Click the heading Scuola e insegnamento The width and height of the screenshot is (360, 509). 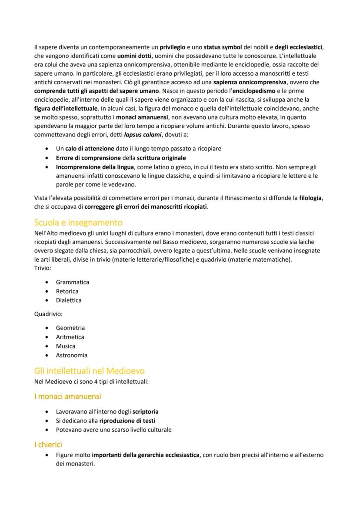tap(78, 223)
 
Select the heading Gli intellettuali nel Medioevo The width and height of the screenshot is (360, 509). tap(89, 371)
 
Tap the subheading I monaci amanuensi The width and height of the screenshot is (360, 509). tap(67, 396)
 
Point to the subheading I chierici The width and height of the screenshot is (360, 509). tap(48, 445)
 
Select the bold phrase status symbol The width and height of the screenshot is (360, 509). tap(223, 47)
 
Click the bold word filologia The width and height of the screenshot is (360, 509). tap(310, 198)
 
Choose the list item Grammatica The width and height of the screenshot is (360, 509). tap(72, 282)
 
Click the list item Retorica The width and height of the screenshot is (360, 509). tap(67, 291)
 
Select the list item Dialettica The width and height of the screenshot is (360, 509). tap(68, 300)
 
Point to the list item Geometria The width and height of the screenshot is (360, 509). tap(70, 328)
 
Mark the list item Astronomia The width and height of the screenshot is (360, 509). tap(71, 355)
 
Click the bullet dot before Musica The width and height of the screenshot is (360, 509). tap(47, 346)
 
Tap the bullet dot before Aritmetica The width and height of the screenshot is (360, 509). tap(47, 337)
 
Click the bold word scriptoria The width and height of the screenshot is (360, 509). tap(145, 411)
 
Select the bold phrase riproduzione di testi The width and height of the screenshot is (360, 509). tap(127, 420)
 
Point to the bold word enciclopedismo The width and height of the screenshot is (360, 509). tap(257, 91)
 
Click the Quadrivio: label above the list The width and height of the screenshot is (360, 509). tap(48, 314)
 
